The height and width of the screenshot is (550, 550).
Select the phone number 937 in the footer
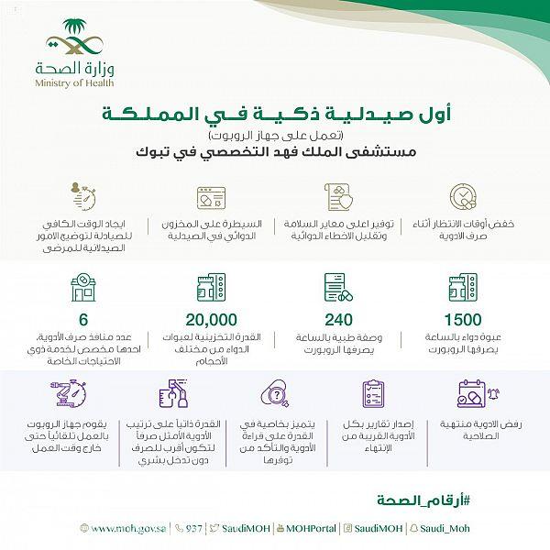[x=192, y=529]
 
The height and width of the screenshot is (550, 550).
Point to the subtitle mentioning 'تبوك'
[x=339, y=153]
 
